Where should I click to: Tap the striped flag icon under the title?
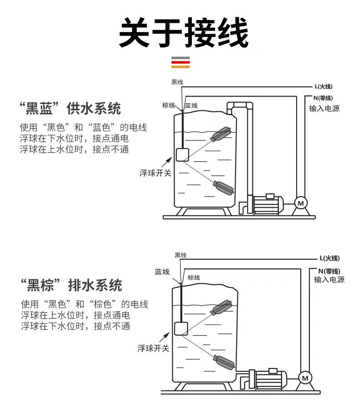point(180,62)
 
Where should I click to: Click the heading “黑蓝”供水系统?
point(71,109)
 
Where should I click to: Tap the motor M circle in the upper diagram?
point(300,202)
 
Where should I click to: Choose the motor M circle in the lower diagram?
point(305,378)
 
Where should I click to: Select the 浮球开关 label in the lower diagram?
point(154,349)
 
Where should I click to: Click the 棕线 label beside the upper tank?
point(169,105)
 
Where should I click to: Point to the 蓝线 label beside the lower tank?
point(162,272)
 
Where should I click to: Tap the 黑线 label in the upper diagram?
point(177,82)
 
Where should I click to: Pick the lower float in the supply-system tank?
point(223,187)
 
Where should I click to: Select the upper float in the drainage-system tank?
point(222,307)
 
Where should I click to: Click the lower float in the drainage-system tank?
point(224,362)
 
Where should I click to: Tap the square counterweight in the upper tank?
point(182,154)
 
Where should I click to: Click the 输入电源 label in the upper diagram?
point(324,108)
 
